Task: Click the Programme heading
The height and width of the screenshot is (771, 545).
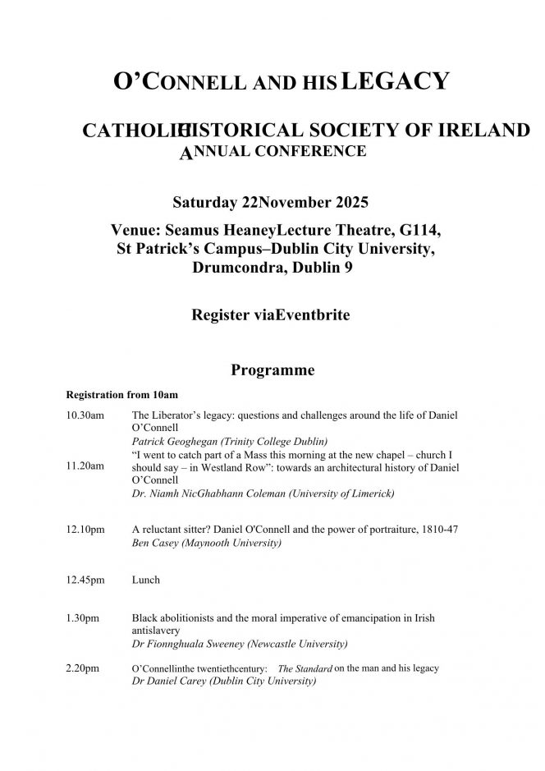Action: (272, 369)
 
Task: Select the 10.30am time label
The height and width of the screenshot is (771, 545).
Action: (85, 416)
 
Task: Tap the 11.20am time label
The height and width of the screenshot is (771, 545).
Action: (85, 466)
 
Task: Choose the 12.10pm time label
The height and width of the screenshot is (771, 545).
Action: (86, 530)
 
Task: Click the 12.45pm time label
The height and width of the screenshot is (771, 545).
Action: (86, 581)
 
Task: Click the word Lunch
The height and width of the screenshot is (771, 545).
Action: (145, 581)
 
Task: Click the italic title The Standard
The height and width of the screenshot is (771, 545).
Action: (305, 668)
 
